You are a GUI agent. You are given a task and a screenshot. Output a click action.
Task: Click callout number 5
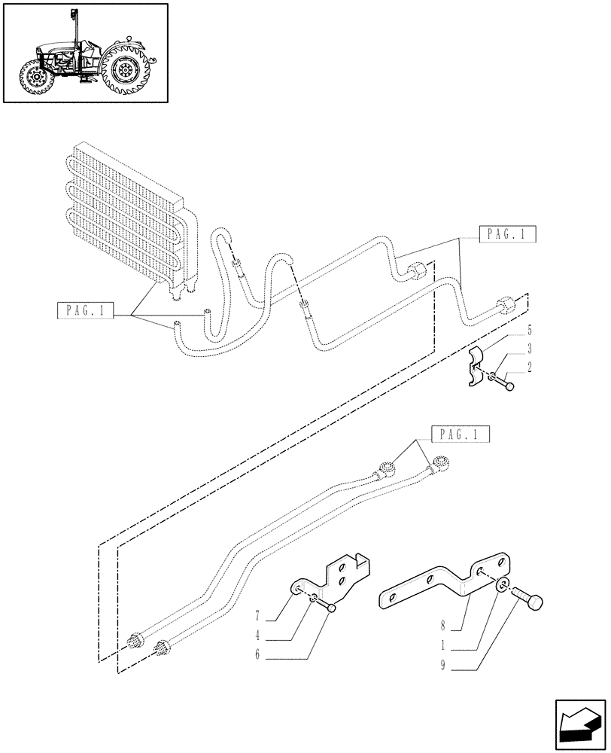tap(530, 330)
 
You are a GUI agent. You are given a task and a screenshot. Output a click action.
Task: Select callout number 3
tap(530, 349)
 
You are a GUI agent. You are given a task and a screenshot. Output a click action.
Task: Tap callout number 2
tap(530, 367)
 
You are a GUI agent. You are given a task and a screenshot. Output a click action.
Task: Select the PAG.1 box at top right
tap(506, 235)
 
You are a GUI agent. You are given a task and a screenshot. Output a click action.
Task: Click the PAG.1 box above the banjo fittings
tap(460, 434)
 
